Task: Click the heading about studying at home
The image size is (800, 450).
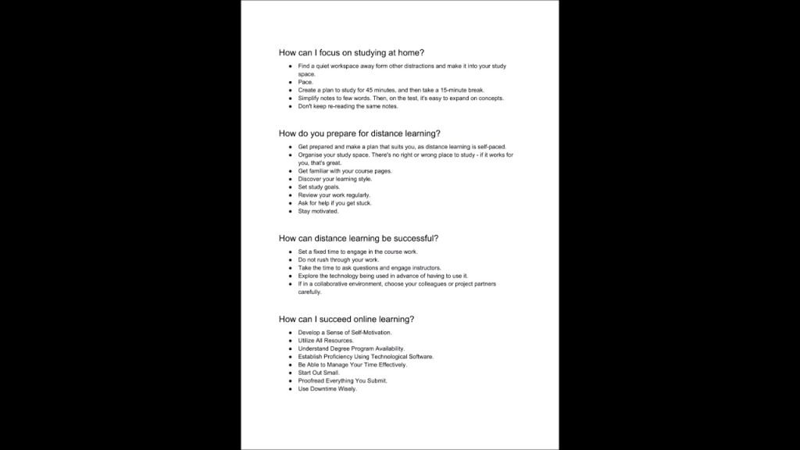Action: coord(351,52)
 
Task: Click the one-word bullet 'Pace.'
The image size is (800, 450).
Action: coord(305,82)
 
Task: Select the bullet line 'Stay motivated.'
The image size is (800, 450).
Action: coord(318,211)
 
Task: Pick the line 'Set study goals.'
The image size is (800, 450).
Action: coord(319,187)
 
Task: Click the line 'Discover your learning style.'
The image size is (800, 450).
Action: coord(334,179)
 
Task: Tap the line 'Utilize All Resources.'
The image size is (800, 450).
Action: coord(326,341)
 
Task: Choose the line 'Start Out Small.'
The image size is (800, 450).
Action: coord(319,373)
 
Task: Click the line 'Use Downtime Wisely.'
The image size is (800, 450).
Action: coord(327,389)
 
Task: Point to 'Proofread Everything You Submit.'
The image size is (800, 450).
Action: coord(342,380)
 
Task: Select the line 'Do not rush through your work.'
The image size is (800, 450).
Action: coord(337,259)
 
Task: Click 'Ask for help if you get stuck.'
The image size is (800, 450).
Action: coord(334,203)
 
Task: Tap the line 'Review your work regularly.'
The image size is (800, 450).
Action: coord(334,195)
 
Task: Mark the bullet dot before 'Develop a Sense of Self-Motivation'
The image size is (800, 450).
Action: coord(290,333)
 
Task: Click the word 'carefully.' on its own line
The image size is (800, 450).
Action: coord(309,292)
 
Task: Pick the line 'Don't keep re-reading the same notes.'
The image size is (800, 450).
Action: coord(348,106)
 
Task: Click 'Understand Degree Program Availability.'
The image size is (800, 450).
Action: coord(351,348)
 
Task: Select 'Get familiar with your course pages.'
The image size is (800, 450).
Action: coord(345,171)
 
